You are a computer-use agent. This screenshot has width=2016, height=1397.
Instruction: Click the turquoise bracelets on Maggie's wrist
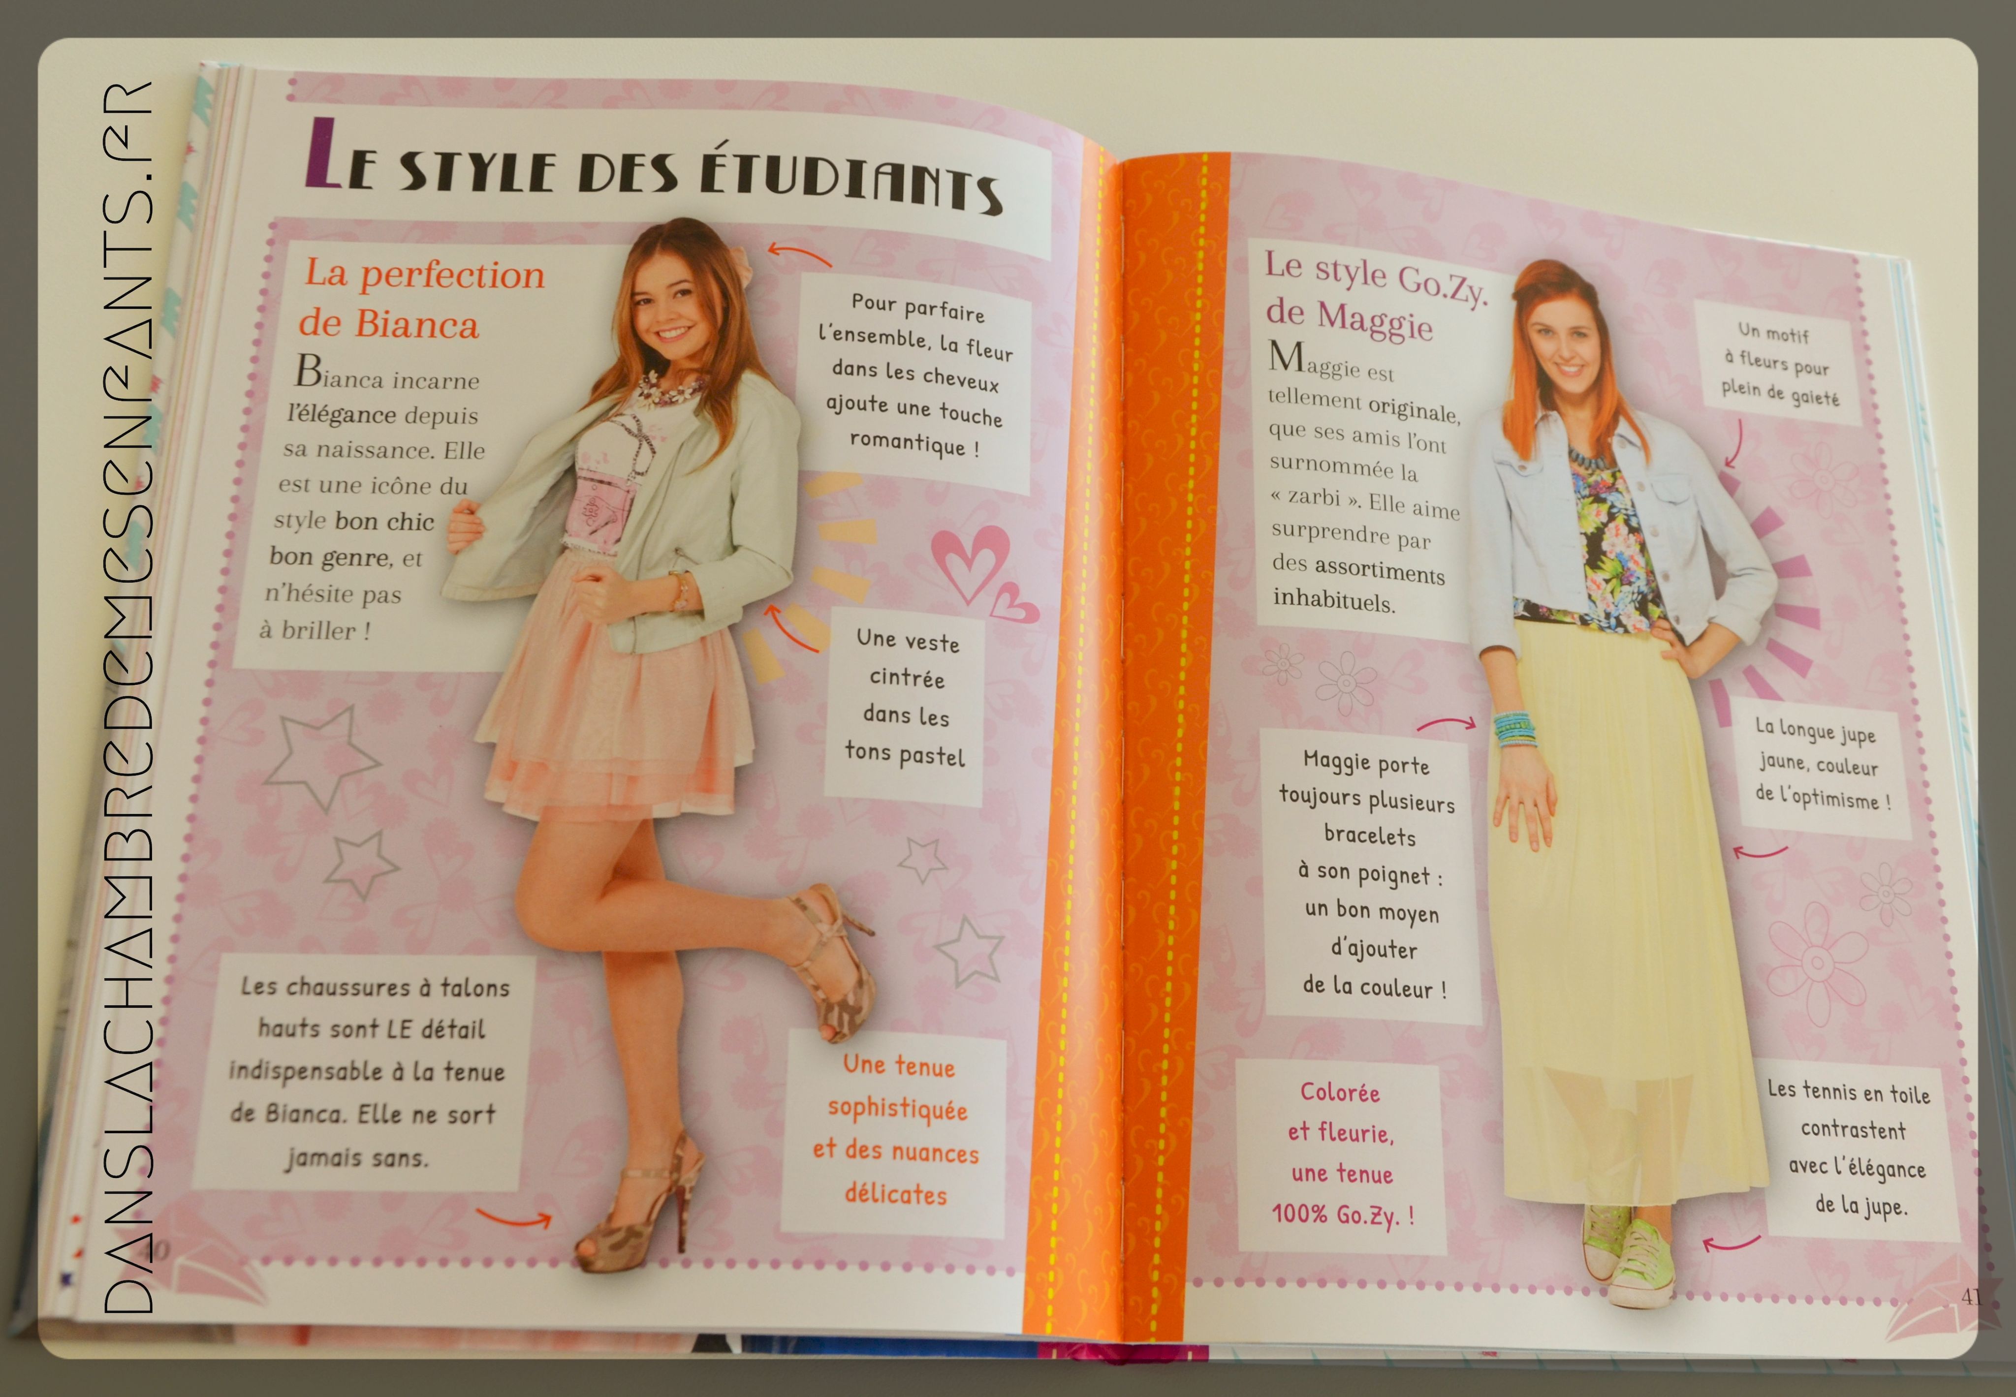pos(1514,730)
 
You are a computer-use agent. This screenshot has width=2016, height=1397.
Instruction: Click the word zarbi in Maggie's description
pos(1314,497)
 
